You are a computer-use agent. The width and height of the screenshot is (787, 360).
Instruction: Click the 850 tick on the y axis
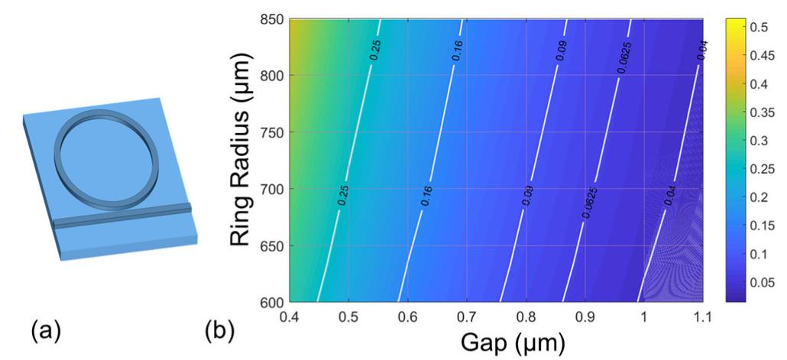click(x=272, y=19)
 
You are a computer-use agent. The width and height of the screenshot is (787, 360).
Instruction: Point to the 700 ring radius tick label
click(x=272, y=190)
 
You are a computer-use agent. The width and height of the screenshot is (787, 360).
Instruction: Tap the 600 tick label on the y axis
click(x=272, y=302)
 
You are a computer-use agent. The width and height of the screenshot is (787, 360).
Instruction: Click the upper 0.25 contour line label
click(x=375, y=50)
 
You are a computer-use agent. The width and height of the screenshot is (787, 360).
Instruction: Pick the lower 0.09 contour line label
click(x=526, y=196)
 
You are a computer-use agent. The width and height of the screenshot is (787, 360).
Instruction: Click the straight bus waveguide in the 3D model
click(x=122, y=216)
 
